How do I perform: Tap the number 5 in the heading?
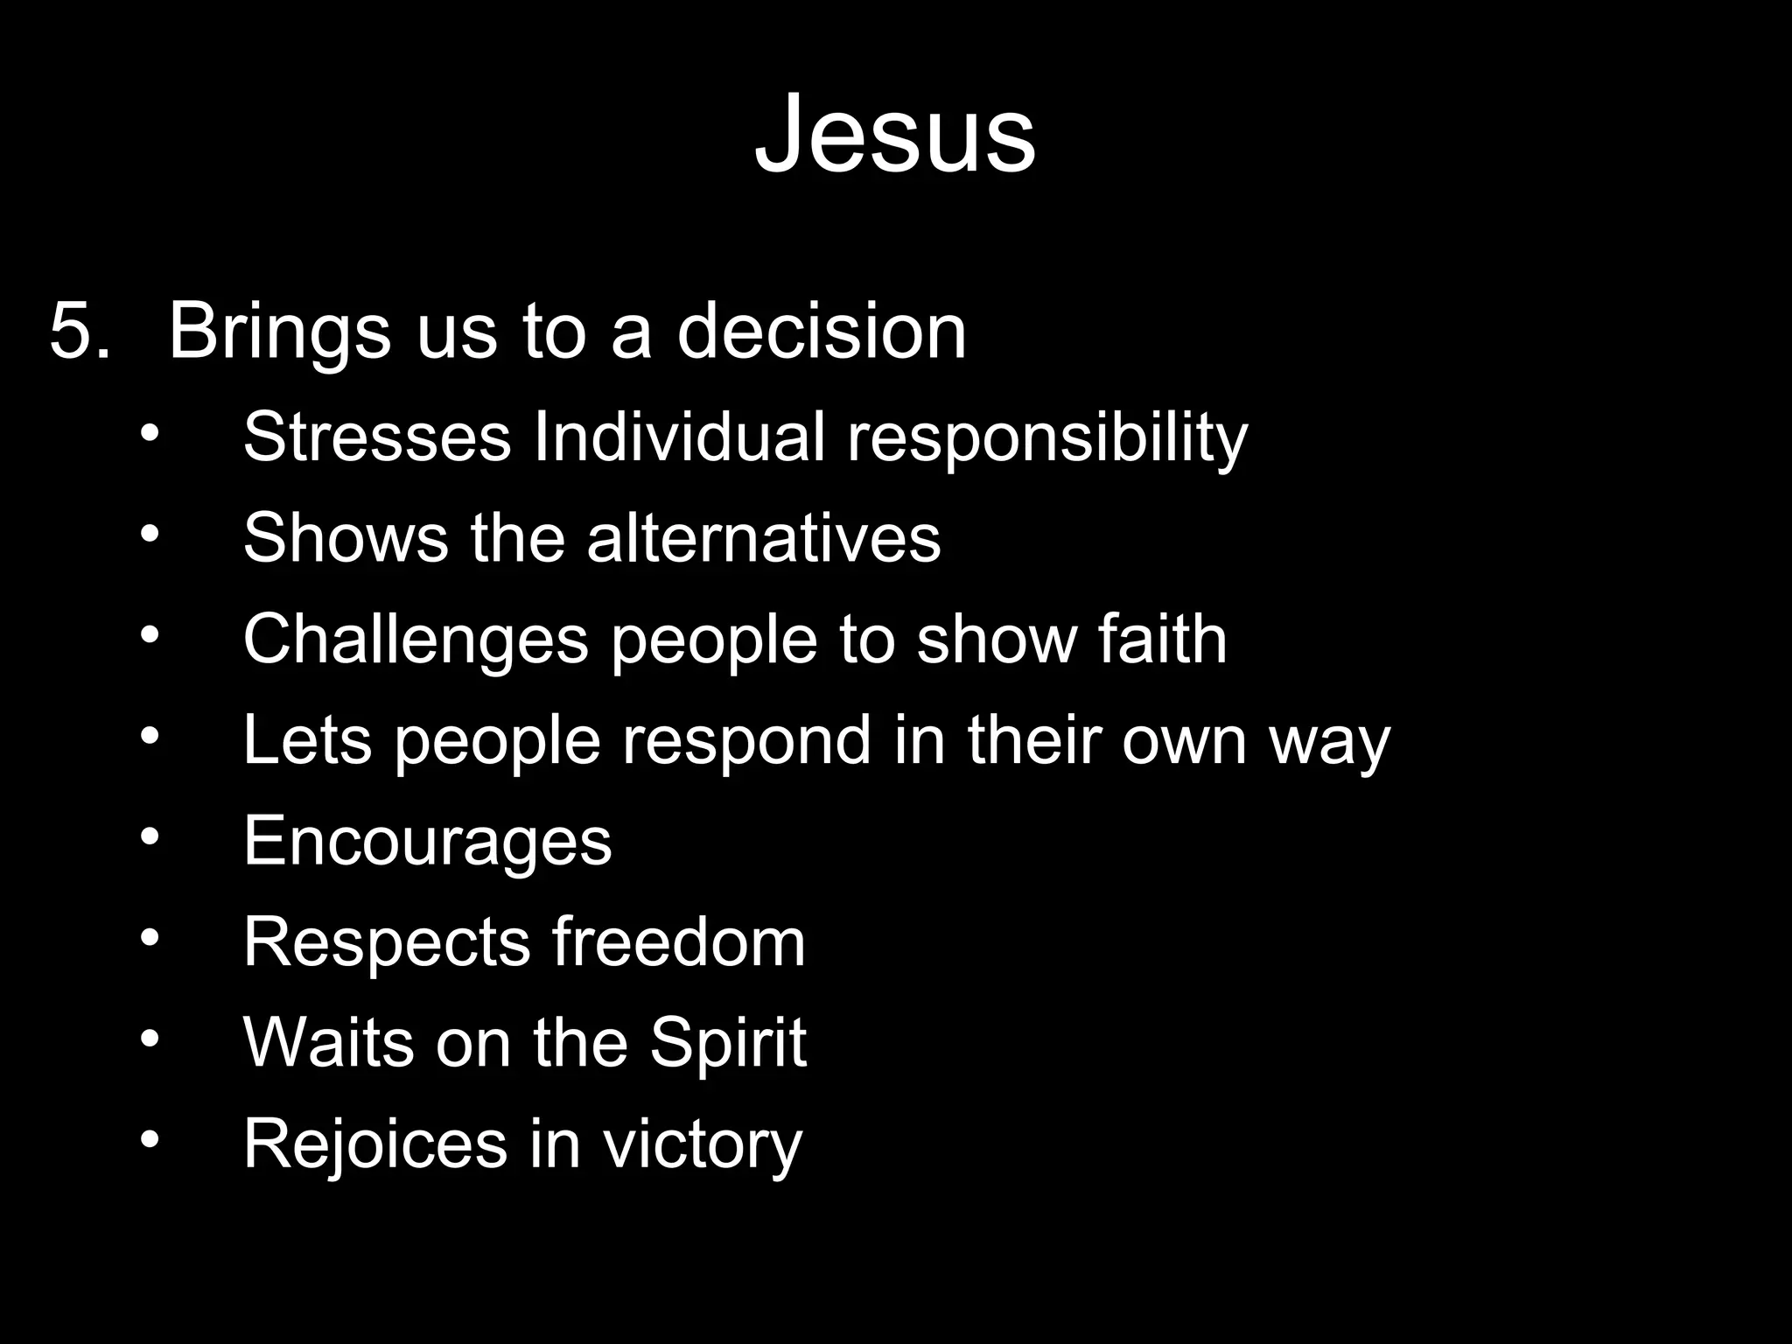[x=70, y=331]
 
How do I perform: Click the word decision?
[x=822, y=331]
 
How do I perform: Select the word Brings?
[x=278, y=332]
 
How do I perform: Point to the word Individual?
[x=679, y=436]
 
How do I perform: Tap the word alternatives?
[x=763, y=537]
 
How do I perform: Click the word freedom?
[x=678, y=941]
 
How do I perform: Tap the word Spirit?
[x=727, y=1043]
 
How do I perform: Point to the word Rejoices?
[x=374, y=1143]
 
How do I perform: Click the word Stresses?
[x=376, y=436]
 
